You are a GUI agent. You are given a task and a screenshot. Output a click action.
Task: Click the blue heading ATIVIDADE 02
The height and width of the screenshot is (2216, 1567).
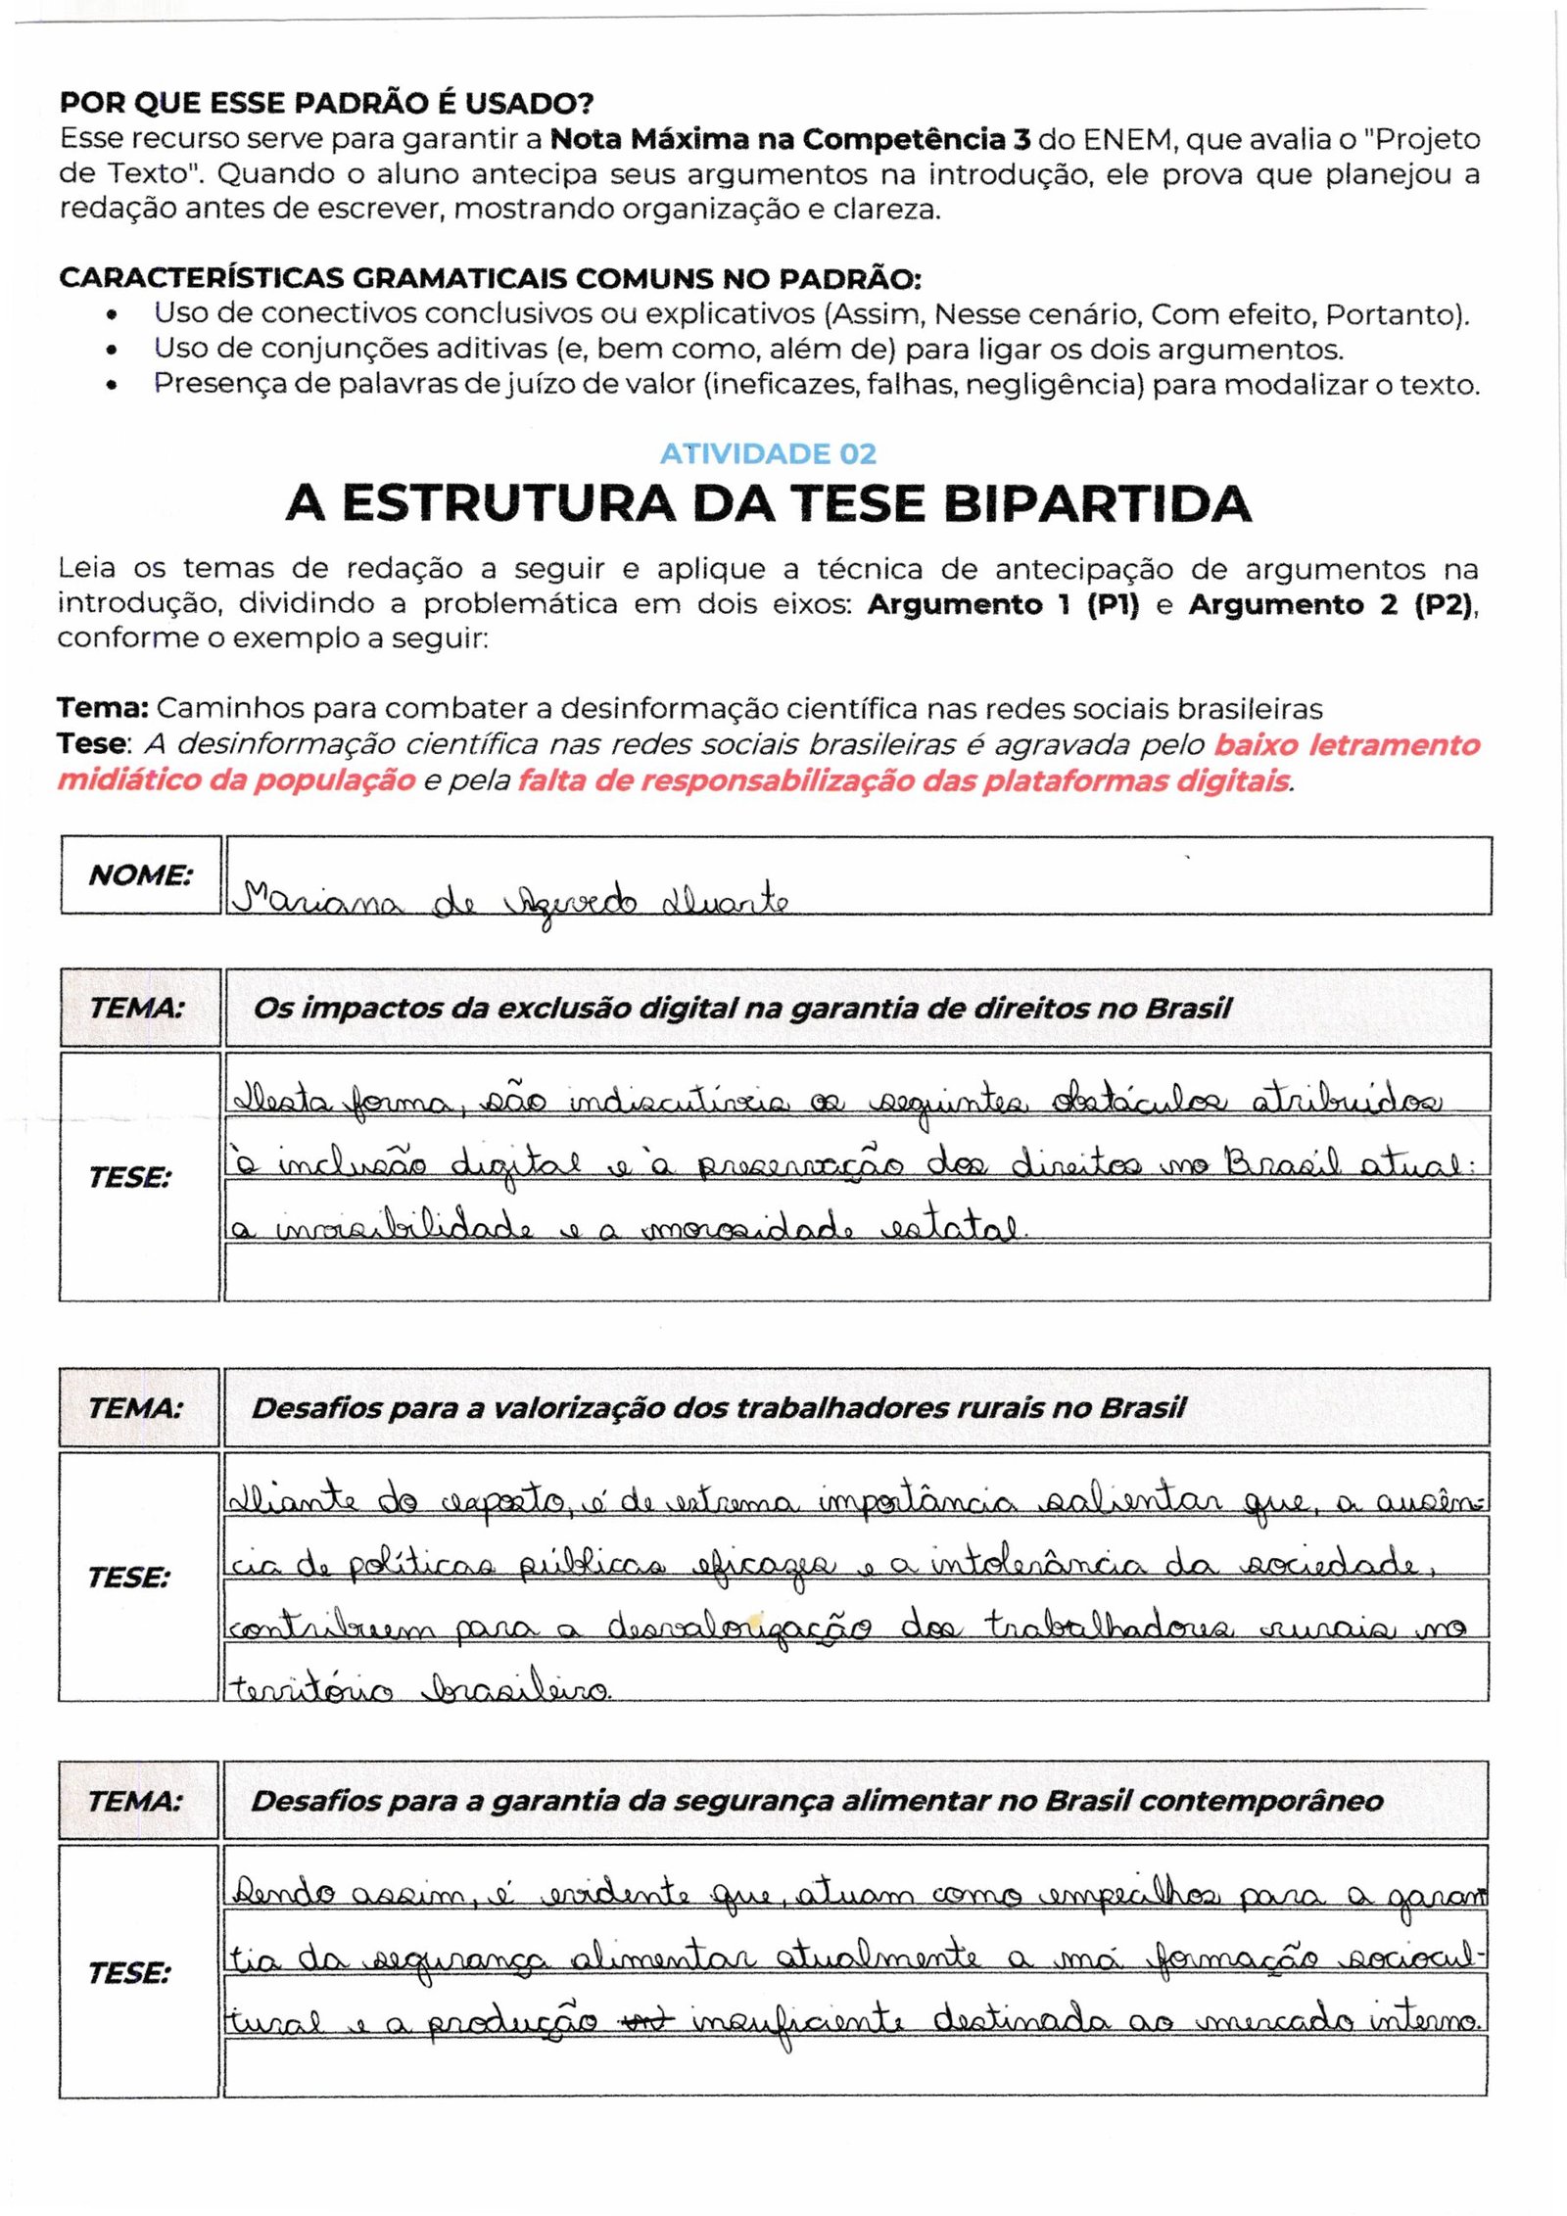(x=768, y=453)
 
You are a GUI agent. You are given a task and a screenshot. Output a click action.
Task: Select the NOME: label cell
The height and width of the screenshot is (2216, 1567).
(x=140, y=874)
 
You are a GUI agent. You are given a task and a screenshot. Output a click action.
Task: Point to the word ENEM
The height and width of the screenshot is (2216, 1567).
(x=1129, y=140)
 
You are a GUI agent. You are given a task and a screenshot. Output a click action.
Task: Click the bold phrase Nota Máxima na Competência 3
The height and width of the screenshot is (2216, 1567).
(x=789, y=140)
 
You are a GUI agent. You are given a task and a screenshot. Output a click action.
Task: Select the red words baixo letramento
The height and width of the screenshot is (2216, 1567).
(x=1347, y=744)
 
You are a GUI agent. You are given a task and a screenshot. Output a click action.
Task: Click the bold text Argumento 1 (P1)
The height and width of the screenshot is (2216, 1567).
(x=1003, y=604)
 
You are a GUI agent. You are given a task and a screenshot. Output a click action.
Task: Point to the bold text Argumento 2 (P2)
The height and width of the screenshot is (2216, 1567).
(x=1331, y=604)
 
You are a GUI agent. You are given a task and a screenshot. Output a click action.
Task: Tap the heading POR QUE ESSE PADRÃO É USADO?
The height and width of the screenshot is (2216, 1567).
(x=326, y=103)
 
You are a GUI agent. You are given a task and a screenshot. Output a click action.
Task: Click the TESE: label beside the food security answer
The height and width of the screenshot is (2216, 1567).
(x=128, y=1972)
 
